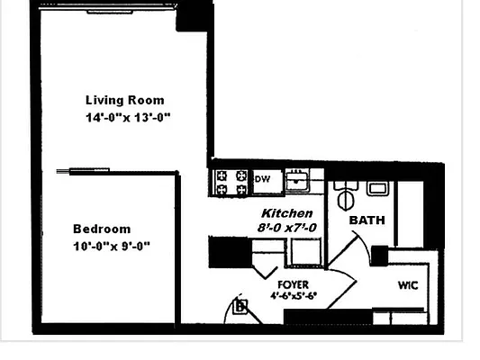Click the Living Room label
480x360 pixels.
[124, 100]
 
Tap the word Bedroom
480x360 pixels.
[102, 229]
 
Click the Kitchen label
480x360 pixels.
[287, 213]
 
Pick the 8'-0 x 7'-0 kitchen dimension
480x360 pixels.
[287, 229]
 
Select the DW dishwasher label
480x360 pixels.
[263, 179]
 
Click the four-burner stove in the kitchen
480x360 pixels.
[231, 183]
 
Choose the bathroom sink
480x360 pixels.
[376, 188]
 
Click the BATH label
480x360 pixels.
[367, 220]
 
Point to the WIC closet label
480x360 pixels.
[408, 285]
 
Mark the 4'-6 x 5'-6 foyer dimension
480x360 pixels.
[293, 296]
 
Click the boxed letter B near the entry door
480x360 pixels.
[240, 307]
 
